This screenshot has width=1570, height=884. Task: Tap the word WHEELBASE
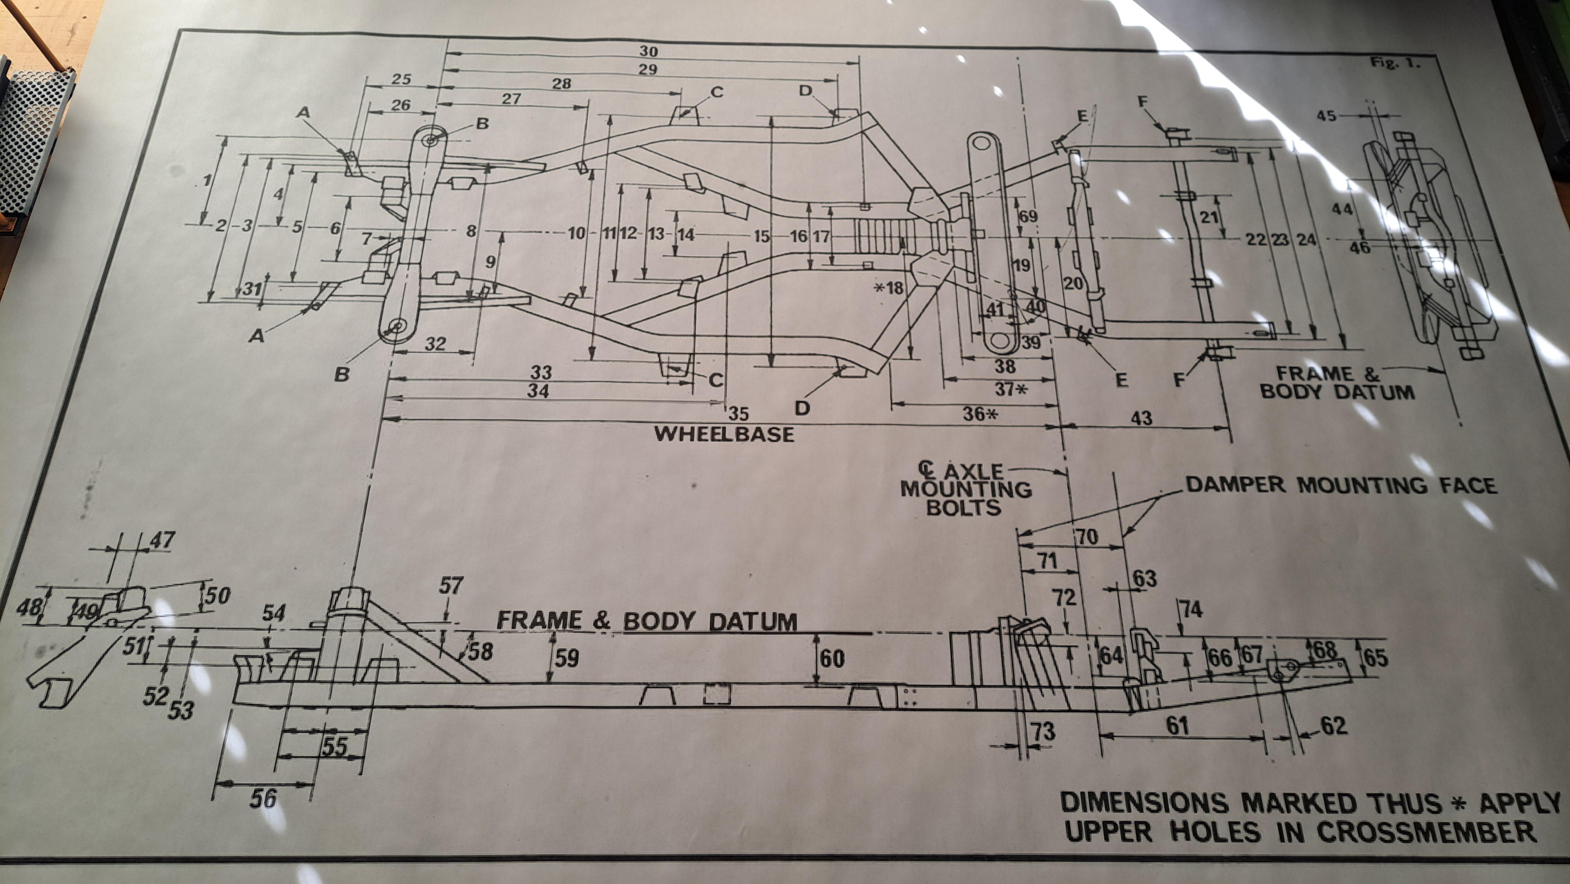tap(724, 435)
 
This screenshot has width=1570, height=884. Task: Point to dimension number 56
tap(263, 799)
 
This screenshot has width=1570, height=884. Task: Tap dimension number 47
tap(162, 540)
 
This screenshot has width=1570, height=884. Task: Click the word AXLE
tap(973, 471)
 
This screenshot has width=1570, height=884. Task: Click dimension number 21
tap(1209, 218)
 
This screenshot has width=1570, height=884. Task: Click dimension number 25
tap(401, 79)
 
